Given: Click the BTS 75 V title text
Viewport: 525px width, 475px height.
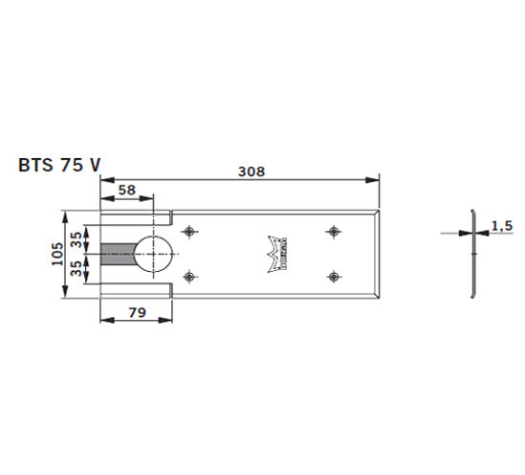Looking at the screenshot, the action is (59, 165).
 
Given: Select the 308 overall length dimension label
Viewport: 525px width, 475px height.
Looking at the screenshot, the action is (252, 171).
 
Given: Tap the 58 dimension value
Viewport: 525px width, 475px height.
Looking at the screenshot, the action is (127, 190).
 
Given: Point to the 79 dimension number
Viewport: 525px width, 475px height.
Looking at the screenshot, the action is (138, 313).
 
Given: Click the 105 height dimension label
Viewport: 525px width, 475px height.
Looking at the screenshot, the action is (57, 254).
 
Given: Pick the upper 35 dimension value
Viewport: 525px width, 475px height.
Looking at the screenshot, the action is (77, 239).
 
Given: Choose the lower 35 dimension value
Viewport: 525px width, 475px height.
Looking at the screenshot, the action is (77, 268).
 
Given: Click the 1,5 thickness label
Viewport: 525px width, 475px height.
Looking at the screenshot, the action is (502, 226).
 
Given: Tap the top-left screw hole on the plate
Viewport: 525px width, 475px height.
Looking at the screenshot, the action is (189, 232).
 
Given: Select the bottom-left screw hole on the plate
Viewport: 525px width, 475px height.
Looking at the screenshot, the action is (189, 277).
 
